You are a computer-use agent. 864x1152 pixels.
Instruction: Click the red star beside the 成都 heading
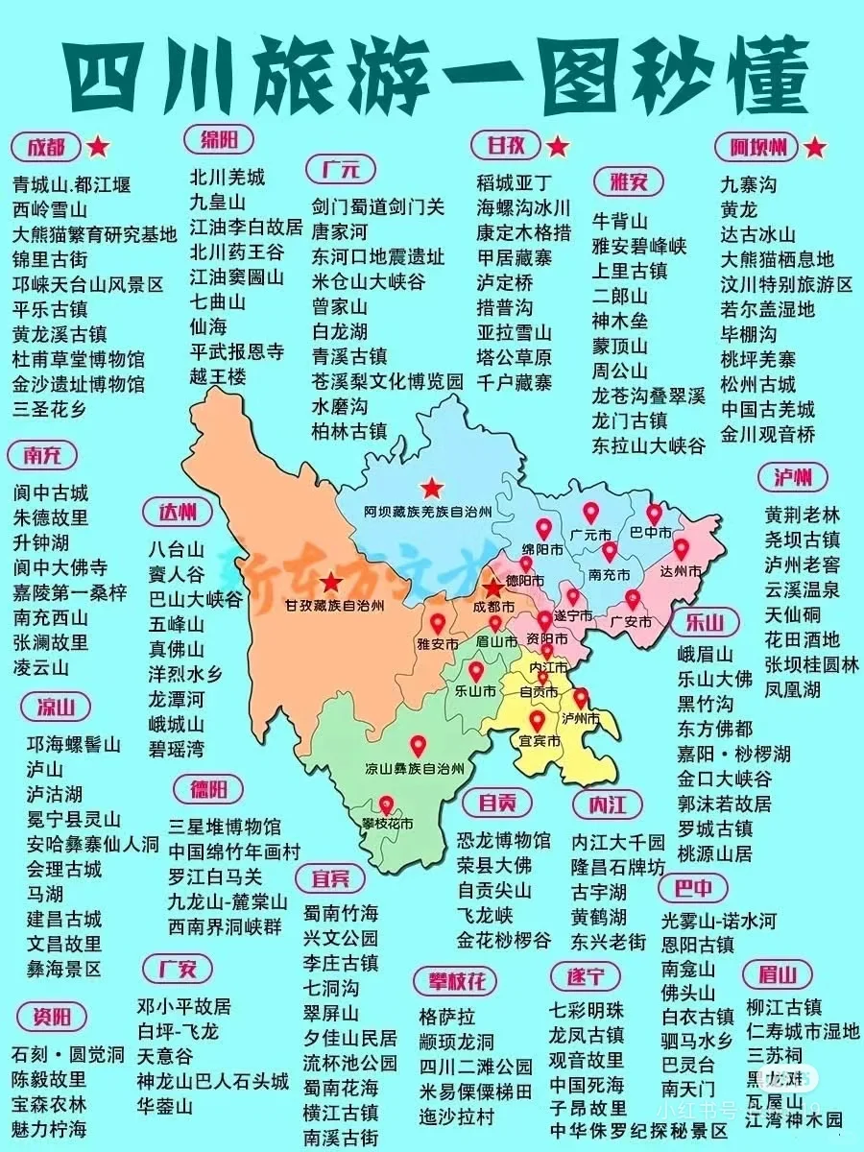98,147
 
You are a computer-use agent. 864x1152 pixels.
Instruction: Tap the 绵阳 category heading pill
219,137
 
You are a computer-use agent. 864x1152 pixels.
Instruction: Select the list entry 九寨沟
749,182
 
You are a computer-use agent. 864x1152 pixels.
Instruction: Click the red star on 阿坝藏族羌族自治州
434,488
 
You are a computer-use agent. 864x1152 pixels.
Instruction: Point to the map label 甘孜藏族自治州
332,606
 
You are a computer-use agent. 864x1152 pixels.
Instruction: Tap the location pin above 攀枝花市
387,805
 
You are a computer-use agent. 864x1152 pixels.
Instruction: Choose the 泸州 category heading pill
797,477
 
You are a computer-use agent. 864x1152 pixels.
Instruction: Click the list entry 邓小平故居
184,1006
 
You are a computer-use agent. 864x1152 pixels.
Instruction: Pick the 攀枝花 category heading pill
457,981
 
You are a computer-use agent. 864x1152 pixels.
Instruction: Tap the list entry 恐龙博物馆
504,840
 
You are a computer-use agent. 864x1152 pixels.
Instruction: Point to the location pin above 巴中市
655,516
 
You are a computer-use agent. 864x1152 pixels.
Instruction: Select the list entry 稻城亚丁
515,182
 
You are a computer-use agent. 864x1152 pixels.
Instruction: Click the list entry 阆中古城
51,492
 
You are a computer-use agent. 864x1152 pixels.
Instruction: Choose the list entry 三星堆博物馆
225,827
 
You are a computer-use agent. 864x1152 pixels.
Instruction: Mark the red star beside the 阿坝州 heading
814,147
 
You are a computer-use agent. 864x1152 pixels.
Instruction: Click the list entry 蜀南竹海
341,912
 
